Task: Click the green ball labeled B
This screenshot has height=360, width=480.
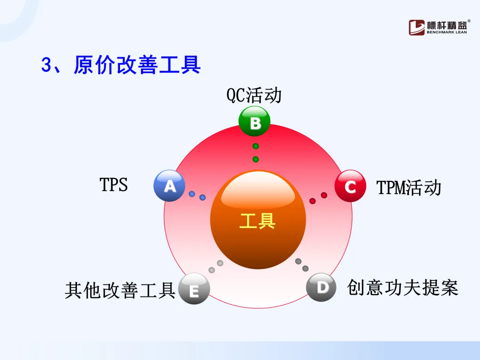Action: [x=254, y=121]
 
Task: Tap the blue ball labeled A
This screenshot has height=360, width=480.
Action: [x=169, y=186]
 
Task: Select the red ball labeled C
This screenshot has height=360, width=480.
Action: [x=350, y=186]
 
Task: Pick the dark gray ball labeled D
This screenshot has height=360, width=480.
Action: [x=321, y=287]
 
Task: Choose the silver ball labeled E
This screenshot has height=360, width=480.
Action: [x=194, y=289]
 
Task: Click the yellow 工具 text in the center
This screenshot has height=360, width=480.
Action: [x=257, y=221]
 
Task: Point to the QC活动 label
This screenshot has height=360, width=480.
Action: [x=254, y=95]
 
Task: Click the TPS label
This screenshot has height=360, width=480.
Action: [x=114, y=184]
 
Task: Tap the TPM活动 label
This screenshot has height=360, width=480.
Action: [x=409, y=188]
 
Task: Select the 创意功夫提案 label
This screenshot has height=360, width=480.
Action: [x=403, y=288]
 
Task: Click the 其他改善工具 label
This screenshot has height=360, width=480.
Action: [x=120, y=290]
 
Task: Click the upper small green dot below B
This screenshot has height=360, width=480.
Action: [x=256, y=146]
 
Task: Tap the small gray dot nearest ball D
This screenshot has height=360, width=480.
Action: [x=305, y=268]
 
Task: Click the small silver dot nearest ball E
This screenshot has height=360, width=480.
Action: [x=212, y=270]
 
